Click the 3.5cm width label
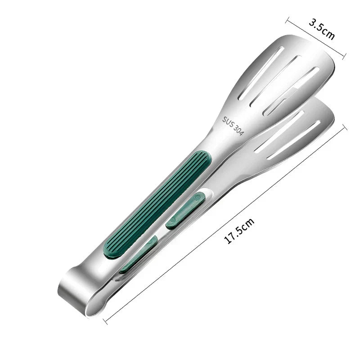click(321, 29)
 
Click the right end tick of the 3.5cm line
click(345, 56)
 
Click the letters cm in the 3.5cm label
click(328, 33)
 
